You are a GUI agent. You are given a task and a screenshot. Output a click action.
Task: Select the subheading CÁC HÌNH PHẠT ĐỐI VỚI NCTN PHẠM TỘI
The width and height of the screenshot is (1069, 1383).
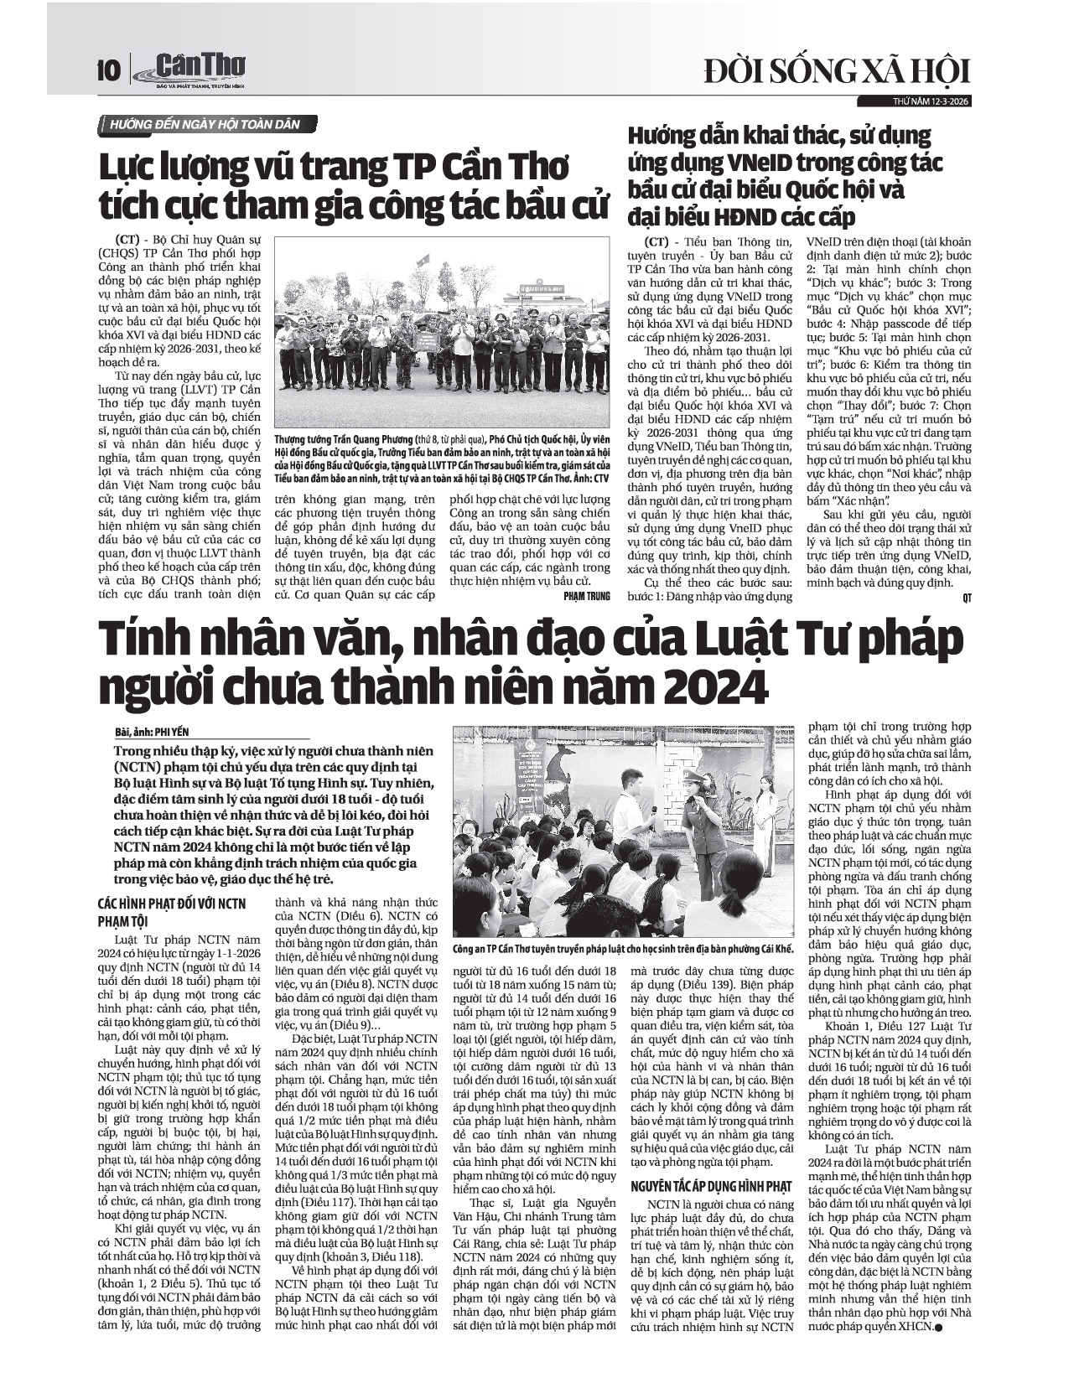click(172, 911)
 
